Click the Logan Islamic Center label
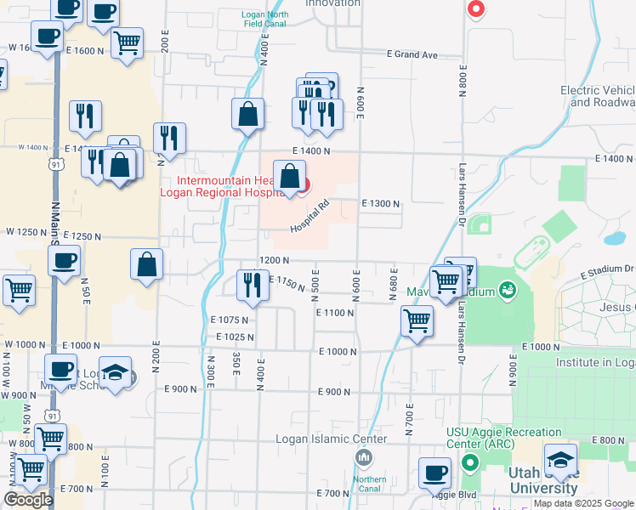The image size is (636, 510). pos(332,439)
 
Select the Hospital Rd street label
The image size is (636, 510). pos(309,218)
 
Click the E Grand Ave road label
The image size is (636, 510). pos(412,54)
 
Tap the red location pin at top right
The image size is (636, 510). pos(477,9)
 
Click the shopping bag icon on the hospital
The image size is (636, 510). pos(289,177)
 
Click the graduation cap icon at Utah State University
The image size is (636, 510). pos(560,460)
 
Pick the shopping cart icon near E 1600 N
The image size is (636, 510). pos(127,42)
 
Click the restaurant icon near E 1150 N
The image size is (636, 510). pos(252,285)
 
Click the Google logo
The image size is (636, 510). pos(28,500)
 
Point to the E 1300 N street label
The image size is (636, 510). pos(380,204)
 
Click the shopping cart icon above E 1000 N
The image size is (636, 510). pos(417,321)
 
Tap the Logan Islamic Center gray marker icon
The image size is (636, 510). pos(364,459)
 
